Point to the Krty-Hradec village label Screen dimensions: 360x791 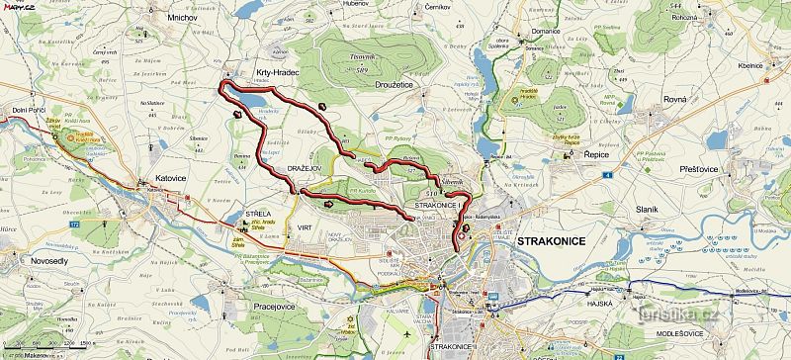tap(277, 73)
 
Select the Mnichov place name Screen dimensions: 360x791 tap(185, 17)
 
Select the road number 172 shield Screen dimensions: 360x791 tap(74, 225)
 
